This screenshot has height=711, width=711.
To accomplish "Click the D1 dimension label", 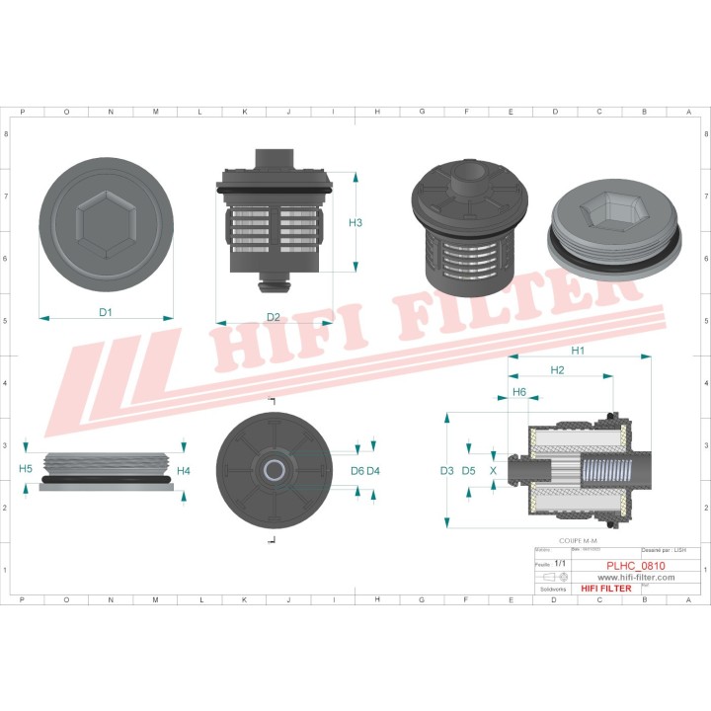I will click(x=106, y=312).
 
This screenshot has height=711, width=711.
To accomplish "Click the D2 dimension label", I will click(x=274, y=317).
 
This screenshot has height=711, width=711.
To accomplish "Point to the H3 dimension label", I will click(x=355, y=223).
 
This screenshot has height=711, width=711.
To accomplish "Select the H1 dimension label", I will click(x=579, y=351).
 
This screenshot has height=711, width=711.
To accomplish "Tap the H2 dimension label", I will click(x=557, y=370).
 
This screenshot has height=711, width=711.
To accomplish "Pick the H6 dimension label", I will click(x=518, y=392).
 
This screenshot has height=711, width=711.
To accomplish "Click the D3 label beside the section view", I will click(x=447, y=471).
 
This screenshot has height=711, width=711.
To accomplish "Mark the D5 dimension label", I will click(x=469, y=471).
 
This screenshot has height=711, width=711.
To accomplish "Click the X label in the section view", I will click(x=493, y=471).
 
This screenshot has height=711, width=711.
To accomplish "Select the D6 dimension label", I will click(x=356, y=471).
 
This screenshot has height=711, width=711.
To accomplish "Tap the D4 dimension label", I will click(x=373, y=471).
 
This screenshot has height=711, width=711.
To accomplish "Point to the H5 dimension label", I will click(x=26, y=468).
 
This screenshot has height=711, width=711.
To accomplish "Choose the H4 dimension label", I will click(x=184, y=471).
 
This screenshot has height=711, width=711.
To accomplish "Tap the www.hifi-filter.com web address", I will click(x=636, y=577).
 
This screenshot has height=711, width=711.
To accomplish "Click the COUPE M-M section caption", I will click(x=578, y=541).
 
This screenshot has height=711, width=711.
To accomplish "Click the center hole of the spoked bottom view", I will click(x=273, y=468).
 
